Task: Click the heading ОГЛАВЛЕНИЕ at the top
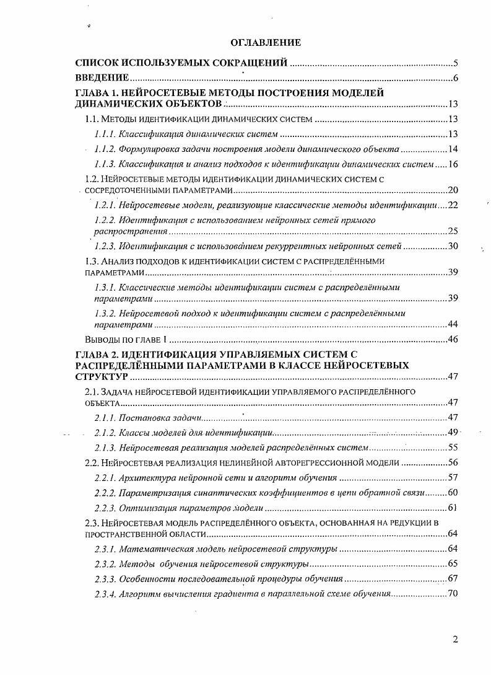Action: pos(265,42)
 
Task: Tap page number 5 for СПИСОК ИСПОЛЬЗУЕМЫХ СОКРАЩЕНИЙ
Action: pos(455,63)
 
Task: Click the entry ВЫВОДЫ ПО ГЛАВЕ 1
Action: pos(126,340)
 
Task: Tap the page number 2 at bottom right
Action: pos(455,641)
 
